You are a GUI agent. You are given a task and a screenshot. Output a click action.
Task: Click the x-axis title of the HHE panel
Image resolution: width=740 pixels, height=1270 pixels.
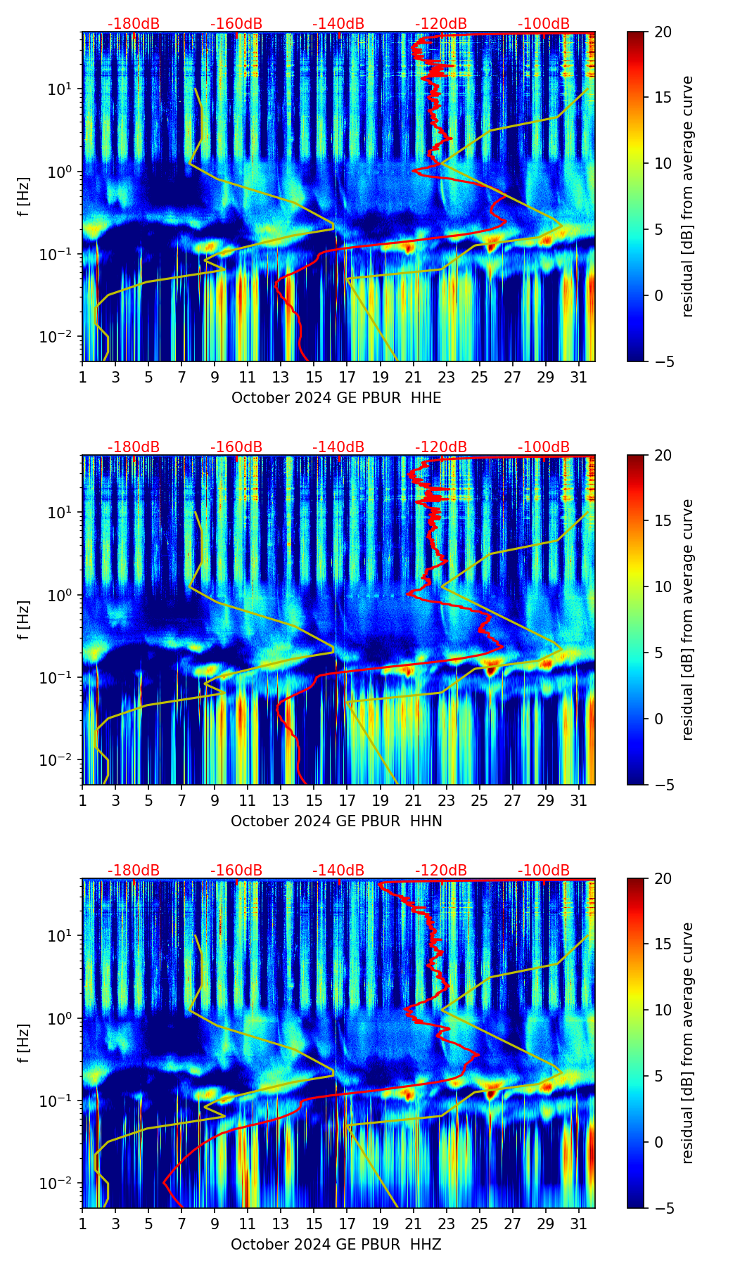(x=336, y=398)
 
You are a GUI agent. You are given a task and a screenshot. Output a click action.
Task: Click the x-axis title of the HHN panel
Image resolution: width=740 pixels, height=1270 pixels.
(x=336, y=821)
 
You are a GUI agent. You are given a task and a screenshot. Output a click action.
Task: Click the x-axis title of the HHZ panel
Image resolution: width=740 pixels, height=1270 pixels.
(x=336, y=1245)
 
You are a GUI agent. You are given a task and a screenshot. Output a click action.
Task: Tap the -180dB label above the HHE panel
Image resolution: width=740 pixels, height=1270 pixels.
(x=134, y=24)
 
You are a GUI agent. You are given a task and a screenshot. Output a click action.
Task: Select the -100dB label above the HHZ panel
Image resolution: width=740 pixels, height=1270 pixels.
(x=544, y=871)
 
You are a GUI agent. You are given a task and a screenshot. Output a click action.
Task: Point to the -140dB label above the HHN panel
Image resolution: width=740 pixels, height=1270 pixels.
(x=338, y=447)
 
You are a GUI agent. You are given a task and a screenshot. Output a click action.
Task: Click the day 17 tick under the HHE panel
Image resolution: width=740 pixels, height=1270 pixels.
(x=347, y=377)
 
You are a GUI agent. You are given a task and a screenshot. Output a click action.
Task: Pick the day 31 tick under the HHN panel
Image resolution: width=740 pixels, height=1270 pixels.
(x=578, y=800)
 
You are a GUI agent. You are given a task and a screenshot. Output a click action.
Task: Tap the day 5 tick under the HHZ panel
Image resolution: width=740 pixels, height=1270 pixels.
(x=148, y=1224)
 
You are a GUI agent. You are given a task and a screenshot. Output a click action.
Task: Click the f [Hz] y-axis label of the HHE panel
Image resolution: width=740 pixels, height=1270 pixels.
(x=24, y=197)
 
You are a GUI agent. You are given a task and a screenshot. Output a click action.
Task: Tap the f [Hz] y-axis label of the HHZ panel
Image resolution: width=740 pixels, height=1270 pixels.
(x=24, y=1044)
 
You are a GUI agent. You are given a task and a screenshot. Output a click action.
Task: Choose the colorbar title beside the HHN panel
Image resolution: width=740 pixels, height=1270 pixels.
(x=688, y=620)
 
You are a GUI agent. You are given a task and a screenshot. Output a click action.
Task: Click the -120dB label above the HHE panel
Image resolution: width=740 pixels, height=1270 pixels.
(x=441, y=24)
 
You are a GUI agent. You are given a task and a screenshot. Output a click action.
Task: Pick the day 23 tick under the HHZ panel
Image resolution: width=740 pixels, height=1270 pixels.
(x=446, y=1224)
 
